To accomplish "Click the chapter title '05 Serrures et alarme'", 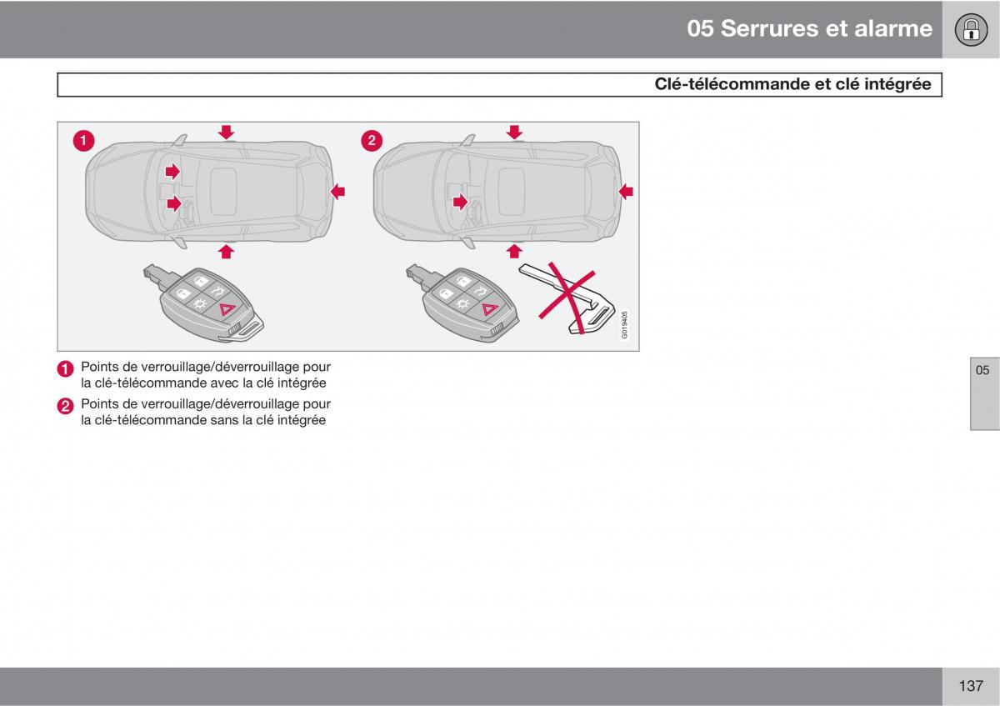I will (809, 28).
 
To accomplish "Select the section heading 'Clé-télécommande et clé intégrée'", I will (792, 84).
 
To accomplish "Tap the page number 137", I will (971, 686).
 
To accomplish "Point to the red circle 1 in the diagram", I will (82, 141).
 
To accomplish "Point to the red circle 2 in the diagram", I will (371, 141).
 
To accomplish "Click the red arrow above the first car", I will (226, 132).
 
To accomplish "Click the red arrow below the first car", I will (226, 250).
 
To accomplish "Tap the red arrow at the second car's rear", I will (625, 192).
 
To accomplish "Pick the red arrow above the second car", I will (514, 132).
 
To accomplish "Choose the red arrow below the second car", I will (514, 250).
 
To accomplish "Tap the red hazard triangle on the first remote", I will (225, 310).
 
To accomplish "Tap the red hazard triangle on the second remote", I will (489, 309).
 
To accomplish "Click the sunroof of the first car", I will (224, 189).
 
